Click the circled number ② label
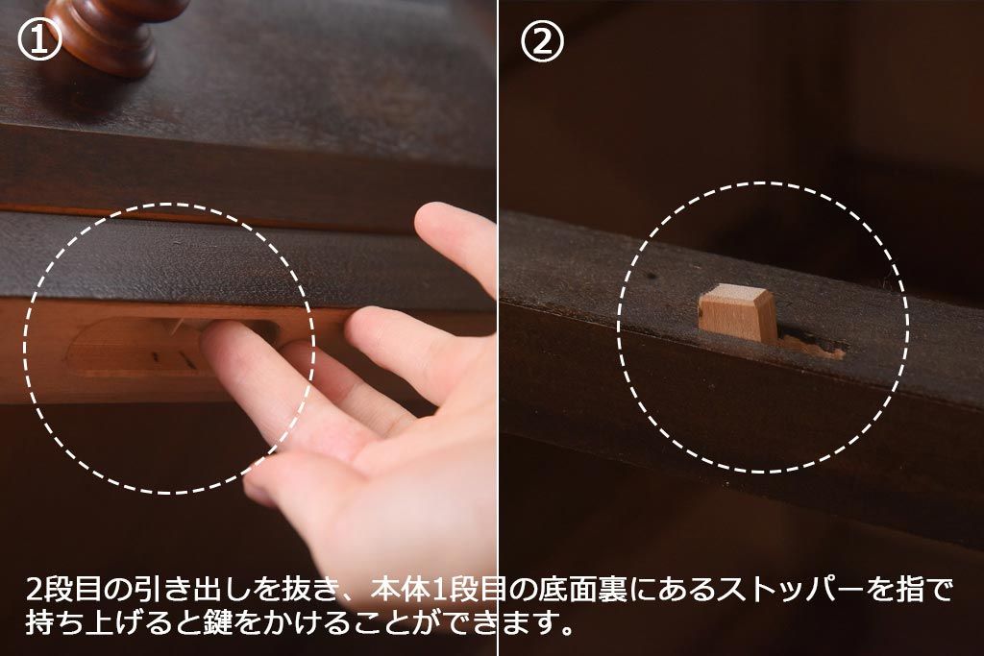tap(542, 40)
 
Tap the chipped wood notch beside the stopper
tap(812, 347)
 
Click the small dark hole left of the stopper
tap(652, 276)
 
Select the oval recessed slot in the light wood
tap(169, 346)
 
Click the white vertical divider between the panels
tap(498, 328)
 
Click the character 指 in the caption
tap(906, 590)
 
